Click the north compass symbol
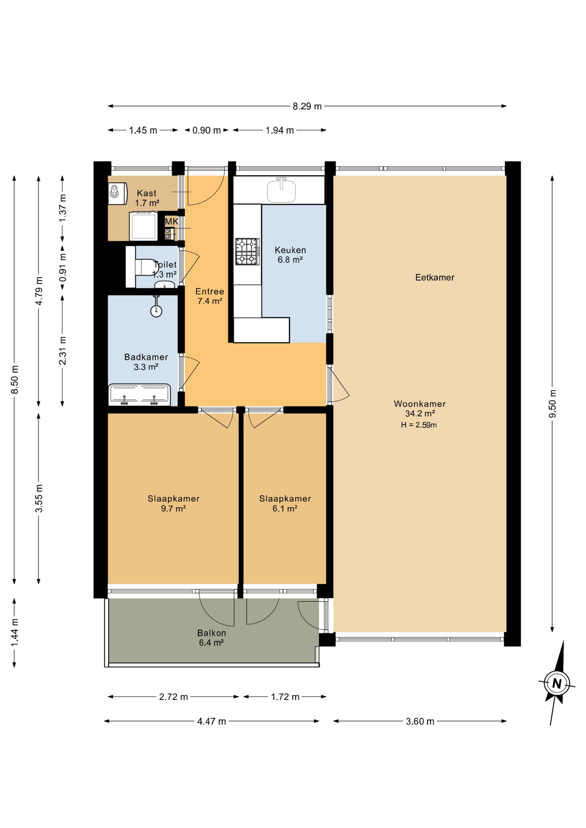click(557, 683)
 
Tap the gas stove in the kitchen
click(247, 251)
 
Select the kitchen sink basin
click(281, 191)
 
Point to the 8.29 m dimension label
click(307, 106)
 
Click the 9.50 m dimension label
click(552, 403)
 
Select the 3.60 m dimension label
click(420, 721)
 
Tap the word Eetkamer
click(435, 277)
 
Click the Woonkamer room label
click(419, 404)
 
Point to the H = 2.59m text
click(419, 425)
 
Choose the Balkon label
click(211, 633)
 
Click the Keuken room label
click(290, 250)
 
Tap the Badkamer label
click(146, 357)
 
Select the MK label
click(172, 222)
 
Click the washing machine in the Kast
click(143, 226)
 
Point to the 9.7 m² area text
click(173, 508)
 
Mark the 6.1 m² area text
click(285, 508)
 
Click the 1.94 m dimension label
click(280, 130)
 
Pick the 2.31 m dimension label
click(63, 351)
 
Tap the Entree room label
click(210, 292)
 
